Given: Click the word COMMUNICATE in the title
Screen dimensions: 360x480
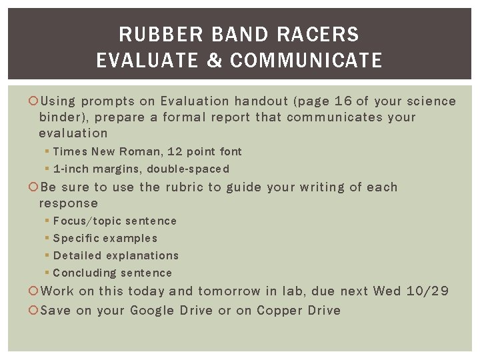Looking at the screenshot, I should (307, 61).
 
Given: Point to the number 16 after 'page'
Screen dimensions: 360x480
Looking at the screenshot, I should (343, 101).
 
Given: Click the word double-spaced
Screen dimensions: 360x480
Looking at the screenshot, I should (188, 169).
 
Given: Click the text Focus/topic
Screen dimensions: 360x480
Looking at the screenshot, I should (84, 221).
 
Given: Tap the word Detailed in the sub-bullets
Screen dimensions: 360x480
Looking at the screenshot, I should (75, 256).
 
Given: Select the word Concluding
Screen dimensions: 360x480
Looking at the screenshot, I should (81, 273).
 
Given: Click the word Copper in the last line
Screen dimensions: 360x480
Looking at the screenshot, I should (279, 311).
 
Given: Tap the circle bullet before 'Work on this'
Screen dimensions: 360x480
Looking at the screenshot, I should (35, 291).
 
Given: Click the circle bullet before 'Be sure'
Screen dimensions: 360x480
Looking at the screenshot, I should (35, 187).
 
